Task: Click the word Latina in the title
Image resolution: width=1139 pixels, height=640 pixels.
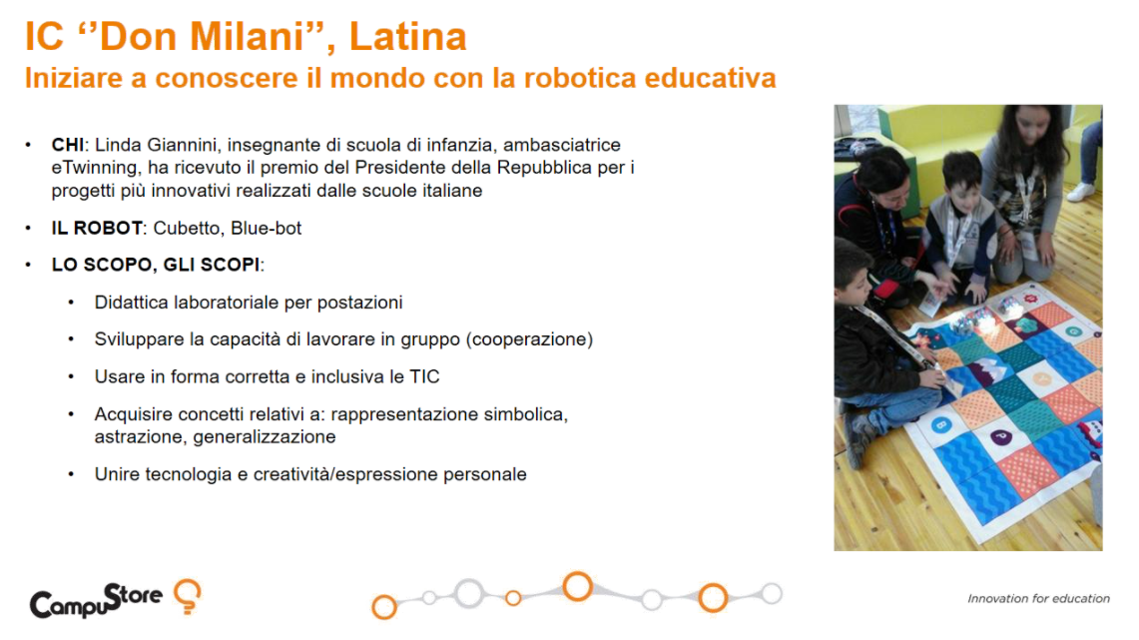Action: [407, 36]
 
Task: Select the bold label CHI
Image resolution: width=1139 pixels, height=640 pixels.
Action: [68, 145]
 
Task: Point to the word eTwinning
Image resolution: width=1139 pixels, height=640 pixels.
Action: [94, 168]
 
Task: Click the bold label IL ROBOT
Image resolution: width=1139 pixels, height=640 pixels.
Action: [97, 228]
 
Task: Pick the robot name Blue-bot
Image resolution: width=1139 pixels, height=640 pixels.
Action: [266, 228]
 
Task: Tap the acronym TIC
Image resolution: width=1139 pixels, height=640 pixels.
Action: [425, 376]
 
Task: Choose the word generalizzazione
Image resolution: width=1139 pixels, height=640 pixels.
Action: [265, 436]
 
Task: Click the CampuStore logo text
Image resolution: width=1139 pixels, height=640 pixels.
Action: [96, 600]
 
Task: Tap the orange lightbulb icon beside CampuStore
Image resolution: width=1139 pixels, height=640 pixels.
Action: [188, 596]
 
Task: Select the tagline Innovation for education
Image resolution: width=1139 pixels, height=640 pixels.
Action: [1039, 599]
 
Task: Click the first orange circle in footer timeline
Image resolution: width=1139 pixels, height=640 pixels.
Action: [384, 607]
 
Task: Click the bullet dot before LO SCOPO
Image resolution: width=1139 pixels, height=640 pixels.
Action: [28, 265]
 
